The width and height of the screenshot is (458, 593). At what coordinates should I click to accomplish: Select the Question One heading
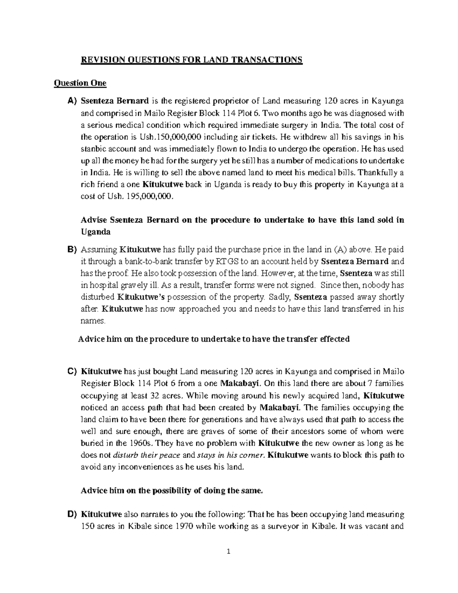[80, 83]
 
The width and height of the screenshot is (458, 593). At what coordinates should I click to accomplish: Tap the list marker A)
[73, 101]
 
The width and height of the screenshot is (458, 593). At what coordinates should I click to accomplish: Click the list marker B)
[73, 250]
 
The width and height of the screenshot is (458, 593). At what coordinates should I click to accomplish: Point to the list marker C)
[73, 372]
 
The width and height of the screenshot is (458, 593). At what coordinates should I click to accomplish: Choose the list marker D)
[73, 514]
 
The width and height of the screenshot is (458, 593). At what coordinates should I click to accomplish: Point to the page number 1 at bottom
[229, 562]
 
